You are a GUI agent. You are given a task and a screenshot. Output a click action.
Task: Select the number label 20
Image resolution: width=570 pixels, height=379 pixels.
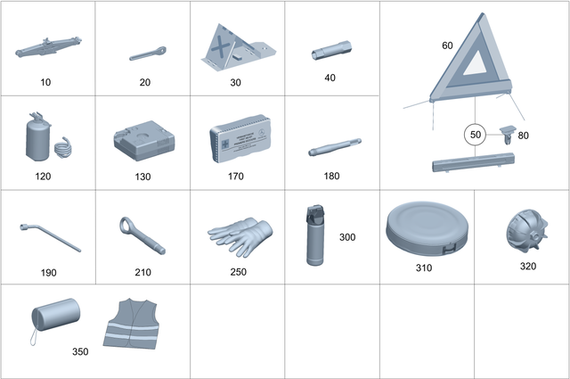coord(143,82)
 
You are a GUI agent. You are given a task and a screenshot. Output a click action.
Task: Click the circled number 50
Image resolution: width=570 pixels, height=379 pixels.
coord(476,135)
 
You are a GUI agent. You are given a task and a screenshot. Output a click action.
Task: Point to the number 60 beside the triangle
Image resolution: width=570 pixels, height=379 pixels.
coord(447,45)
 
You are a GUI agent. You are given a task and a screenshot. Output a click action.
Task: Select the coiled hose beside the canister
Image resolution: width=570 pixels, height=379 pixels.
coord(63,144)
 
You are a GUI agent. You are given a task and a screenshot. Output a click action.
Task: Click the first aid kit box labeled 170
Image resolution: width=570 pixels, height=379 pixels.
coord(240,138)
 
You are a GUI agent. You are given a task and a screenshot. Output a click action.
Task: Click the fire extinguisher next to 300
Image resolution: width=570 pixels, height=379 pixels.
coord(314,235)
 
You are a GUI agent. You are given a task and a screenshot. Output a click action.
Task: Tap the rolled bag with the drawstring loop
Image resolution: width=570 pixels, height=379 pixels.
coord(55,317)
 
